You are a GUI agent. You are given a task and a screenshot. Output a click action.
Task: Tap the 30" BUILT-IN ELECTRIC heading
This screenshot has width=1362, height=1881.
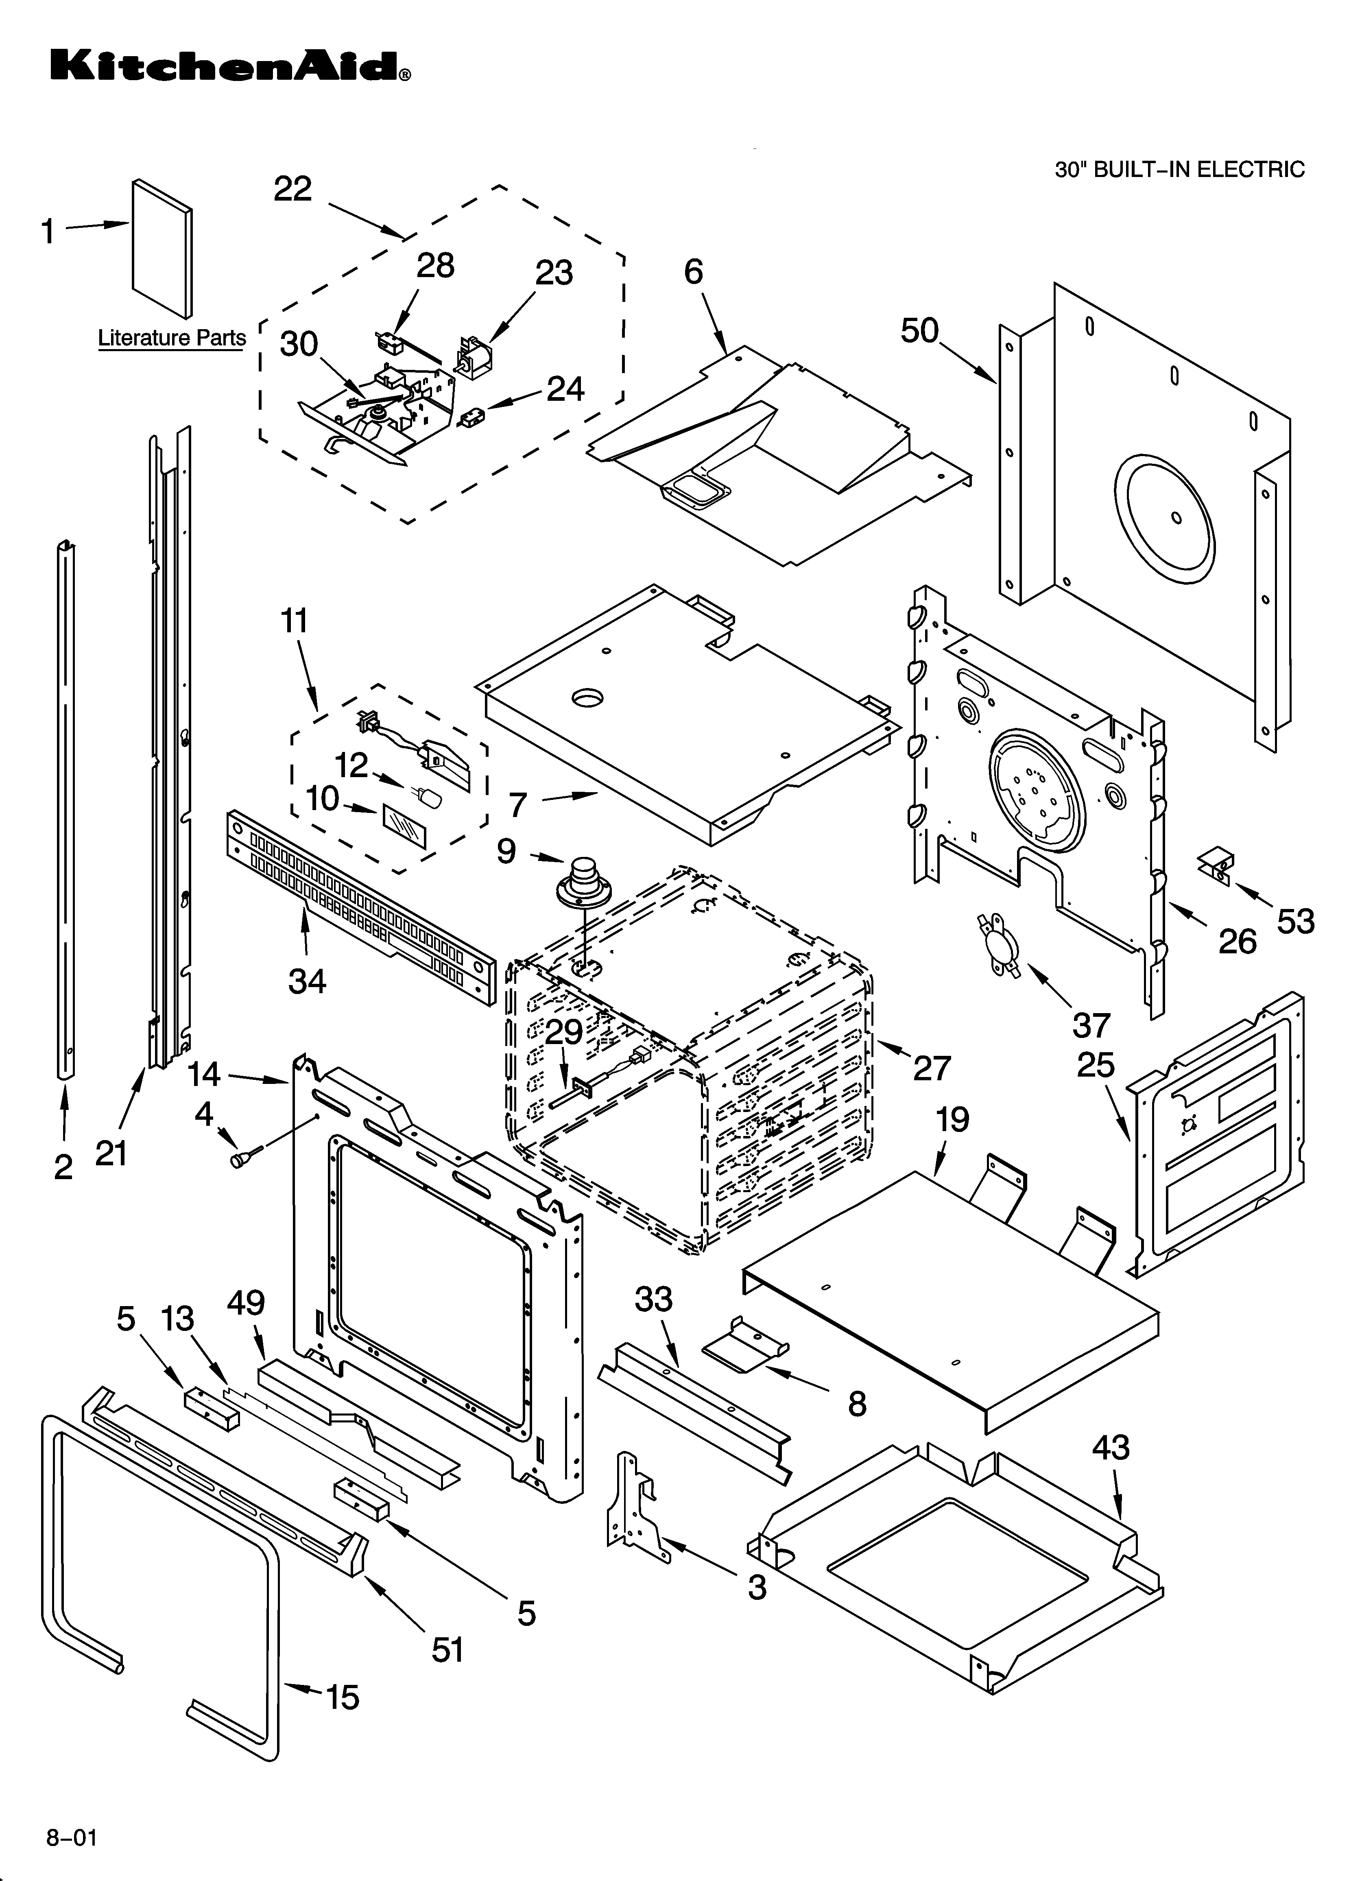(x=1179, y=170)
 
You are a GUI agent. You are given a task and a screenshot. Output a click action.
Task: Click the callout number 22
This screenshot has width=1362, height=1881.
(x=293, y=189)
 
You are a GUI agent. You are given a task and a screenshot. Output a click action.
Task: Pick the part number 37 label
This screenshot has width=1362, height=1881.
(x=1091, y=1025)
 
